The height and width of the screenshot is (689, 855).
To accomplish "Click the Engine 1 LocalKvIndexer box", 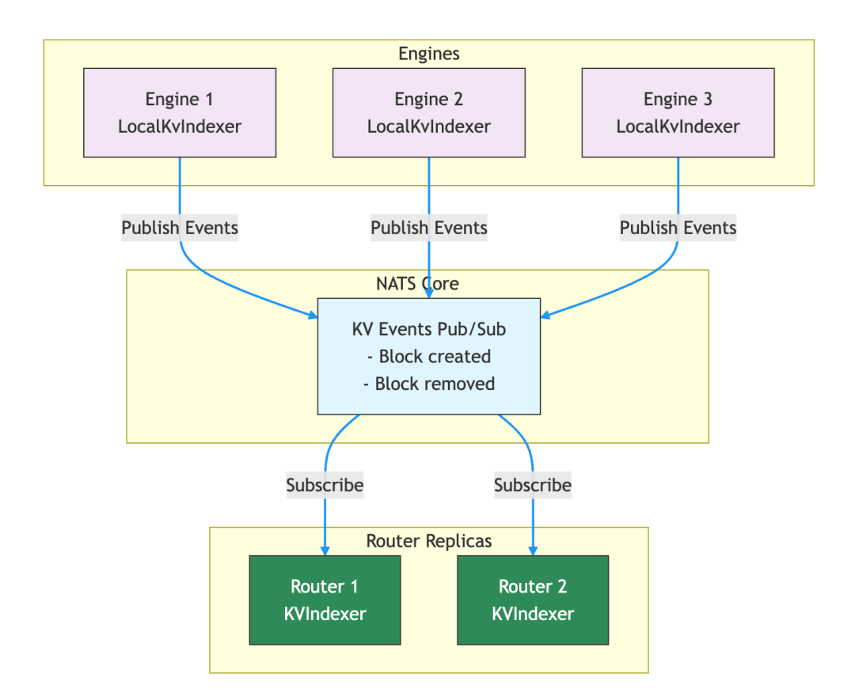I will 180,112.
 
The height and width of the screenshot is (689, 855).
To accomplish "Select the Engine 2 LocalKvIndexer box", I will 428,112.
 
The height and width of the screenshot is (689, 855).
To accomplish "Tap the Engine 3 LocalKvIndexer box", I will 678,112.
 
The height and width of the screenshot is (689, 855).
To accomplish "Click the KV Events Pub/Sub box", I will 428,356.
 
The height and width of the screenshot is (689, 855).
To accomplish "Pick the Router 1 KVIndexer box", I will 325,600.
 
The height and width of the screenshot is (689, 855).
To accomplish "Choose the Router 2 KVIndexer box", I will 533,600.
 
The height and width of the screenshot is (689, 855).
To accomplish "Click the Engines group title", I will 428,54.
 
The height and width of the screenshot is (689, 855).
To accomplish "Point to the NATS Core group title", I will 417,283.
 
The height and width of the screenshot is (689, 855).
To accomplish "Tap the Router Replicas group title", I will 428,541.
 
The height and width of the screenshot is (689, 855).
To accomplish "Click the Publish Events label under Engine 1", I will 180,228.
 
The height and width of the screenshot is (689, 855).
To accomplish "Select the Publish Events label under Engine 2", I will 428,228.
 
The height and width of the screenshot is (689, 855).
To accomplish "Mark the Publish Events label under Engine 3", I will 678,228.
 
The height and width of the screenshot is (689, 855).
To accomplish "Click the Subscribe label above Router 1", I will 325,485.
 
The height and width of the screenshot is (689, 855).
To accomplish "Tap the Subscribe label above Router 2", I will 533,485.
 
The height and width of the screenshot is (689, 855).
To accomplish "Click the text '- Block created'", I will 428,356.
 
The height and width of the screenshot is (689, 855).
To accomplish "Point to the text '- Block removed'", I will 428,384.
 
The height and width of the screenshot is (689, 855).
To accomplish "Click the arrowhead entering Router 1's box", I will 325,551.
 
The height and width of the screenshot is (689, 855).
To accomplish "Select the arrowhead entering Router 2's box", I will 533,551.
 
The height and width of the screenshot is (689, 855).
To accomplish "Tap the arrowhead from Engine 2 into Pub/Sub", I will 428,293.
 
